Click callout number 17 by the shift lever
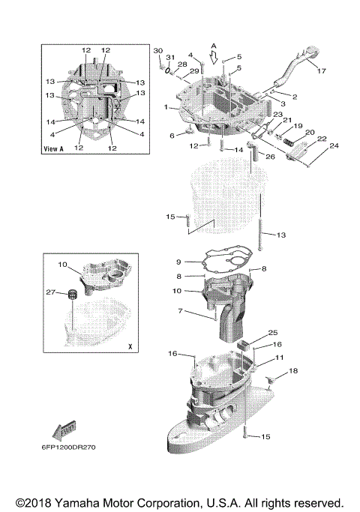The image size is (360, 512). [322, 72]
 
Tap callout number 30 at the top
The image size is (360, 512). [157, 50]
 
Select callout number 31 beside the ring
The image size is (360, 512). [170, 58]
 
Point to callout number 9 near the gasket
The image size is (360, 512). [178, 262]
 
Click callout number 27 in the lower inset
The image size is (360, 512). [50, 292]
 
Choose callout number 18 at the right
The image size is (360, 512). [293, 371]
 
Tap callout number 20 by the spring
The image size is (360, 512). [310, 132]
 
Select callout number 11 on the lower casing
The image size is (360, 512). [278, 359]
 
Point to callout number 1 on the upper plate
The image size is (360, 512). [166, 108]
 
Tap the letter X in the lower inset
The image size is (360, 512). [129, 347]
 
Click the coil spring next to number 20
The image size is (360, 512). [288, 139]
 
